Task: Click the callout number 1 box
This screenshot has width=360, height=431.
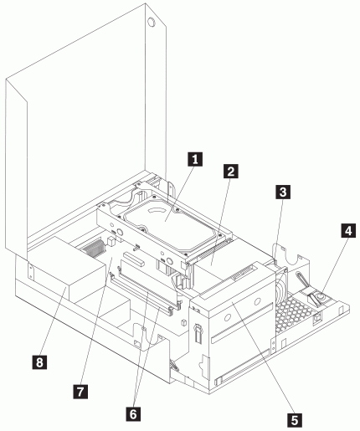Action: coord(195,159)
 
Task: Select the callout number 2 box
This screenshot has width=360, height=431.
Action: coord(231,171)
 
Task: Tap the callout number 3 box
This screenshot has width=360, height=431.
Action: coord(283,192)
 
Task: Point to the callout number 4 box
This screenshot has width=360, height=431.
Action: coord(348,230)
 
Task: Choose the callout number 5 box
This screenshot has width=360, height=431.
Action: coord(295,419)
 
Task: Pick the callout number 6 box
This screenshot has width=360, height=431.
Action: coord(133,413)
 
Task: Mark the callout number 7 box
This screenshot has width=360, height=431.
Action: coord(80,392)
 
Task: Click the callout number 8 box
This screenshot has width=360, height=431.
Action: coord(39,362)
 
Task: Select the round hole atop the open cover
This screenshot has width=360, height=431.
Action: coord(151,22)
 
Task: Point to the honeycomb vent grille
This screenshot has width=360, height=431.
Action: coord(292,312)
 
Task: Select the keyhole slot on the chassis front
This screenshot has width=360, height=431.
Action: coord(198,333)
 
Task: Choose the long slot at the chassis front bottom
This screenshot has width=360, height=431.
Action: coord(242,367)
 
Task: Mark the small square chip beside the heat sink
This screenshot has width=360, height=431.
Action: coord(111,241)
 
